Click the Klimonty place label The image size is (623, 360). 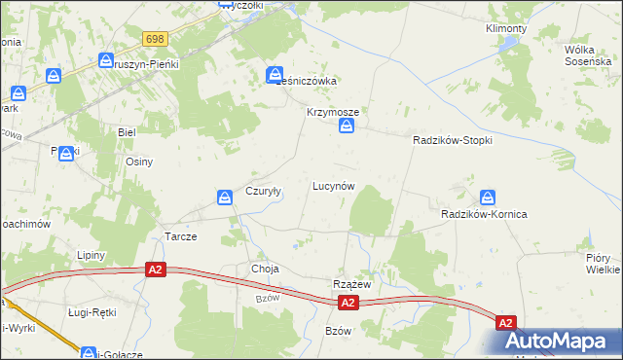(x=505, y=28)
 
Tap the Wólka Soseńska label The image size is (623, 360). (x=586, y=54)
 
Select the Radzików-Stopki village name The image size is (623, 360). (x=452, y=140)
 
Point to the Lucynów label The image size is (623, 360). (x=332, y=185)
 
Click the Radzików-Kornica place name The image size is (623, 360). (x=484, y=214)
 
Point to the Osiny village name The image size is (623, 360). (x=139, y=162)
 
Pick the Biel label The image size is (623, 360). (x=126, y=130)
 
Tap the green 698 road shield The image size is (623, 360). (x=155, y=39)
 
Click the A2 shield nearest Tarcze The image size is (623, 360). (x=154, y=269)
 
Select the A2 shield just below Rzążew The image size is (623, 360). (x=349, y=304)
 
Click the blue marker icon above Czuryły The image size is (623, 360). (x=225, y=198)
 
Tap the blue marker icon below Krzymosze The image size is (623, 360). (x=346, y=126)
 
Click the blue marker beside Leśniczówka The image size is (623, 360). (x=275, y=74)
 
